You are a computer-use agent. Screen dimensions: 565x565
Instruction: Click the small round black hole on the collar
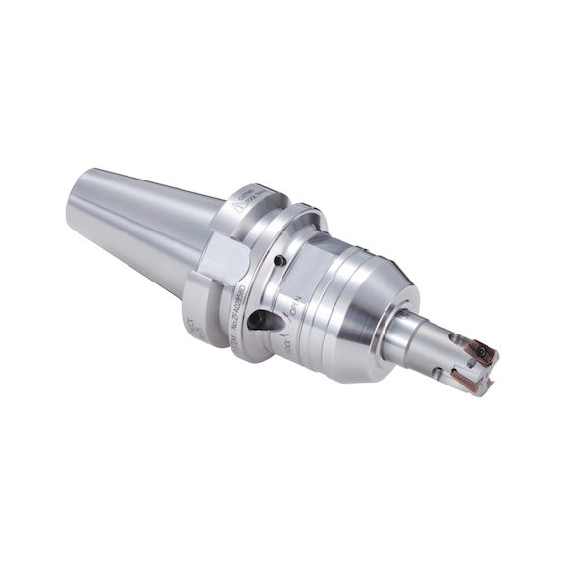tap(279, 260)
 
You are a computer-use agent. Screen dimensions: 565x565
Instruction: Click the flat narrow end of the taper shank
tap(80, 200)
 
